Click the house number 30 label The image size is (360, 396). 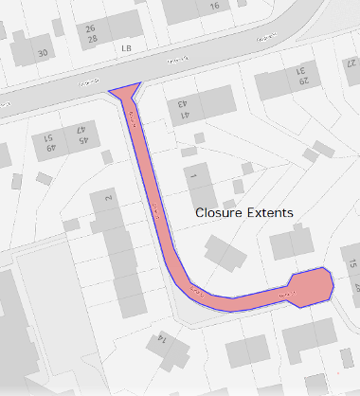[42, 53]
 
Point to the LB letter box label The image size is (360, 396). [125, 46]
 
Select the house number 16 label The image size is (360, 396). [214, 6]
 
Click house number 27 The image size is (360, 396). [351, 63]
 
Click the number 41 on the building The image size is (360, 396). [182, 116]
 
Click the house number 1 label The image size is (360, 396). [189, 175]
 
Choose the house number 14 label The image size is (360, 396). [162, 337]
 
